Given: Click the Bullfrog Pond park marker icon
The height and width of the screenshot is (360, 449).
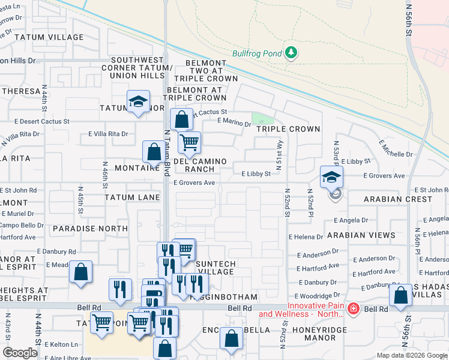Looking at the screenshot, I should tap(292, 53).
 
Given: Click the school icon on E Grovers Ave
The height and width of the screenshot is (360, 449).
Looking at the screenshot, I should tap(331, 177).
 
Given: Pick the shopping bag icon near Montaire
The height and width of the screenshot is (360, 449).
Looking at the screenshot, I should tap(154, 152).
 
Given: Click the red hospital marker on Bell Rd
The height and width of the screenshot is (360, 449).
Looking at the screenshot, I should tap(354, 308).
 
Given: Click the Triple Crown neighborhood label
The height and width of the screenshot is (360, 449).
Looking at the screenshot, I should tap(288, 129).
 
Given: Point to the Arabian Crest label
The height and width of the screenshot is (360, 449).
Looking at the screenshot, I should tap(397, 199).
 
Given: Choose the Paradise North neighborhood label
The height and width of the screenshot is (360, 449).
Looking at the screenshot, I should tap(90, 229).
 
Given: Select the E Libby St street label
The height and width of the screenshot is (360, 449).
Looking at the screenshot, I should tap(256, 174).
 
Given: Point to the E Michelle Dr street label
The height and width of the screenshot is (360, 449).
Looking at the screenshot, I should tap(396, 149).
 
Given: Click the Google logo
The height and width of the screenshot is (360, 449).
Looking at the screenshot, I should tap(20, 353).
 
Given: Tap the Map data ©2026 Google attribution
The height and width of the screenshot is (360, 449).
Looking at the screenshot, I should tap(411, 355).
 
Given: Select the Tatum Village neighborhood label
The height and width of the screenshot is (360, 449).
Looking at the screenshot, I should tap(49, 37).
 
